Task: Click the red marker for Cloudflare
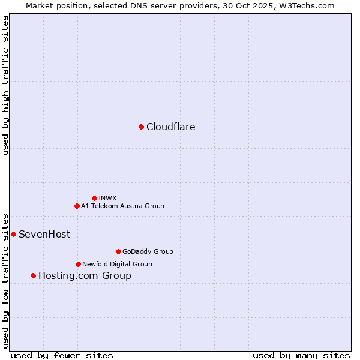point(141,127)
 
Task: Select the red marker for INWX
point(94,198)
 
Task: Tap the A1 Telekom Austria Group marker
point(77,206)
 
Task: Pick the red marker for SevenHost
point(13,234)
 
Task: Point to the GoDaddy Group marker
point(118,251)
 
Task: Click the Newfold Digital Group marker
point(78,264)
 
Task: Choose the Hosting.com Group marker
point(33,275)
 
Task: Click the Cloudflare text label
point(171,127)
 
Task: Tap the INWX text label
point(108,198)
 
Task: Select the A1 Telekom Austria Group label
point(122,206)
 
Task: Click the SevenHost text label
point(44,234)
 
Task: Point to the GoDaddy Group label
point(148,251)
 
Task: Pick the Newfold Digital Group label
point(117,264)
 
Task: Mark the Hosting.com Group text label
point(85,276)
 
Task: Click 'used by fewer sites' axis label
point(62,355)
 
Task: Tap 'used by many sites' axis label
point(301,355)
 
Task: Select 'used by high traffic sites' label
point(5,85)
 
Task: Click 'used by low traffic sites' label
point(5,280)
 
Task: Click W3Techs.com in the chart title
point(306,5)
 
